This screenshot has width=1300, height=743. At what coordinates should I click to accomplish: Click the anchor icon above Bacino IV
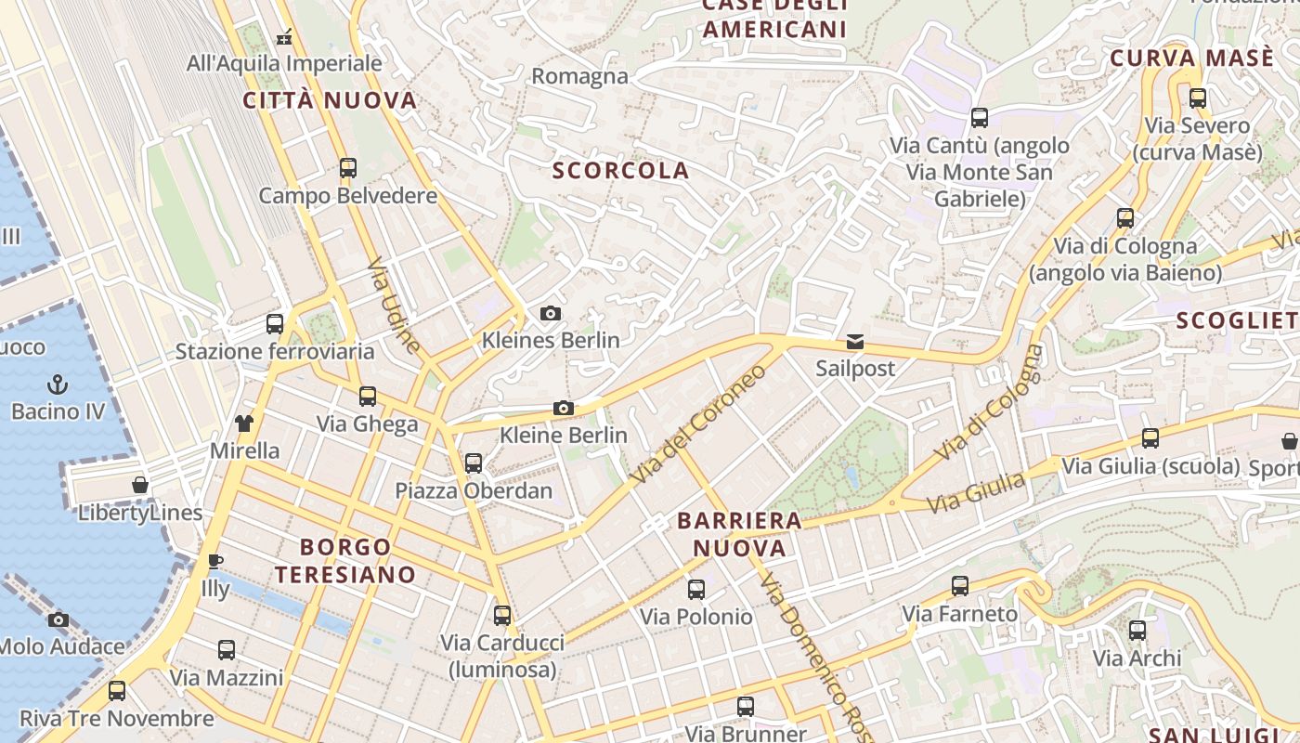coord(58,384)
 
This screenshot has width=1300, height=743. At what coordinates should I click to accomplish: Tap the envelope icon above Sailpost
coord(855,342)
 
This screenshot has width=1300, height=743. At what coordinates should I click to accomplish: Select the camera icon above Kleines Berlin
coord(551,314)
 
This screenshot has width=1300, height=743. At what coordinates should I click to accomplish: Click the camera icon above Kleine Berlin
coord(563,408)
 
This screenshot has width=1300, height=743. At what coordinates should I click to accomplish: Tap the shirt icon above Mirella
coord(244,424)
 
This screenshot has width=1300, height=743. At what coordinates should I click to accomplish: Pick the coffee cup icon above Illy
coord(215,561)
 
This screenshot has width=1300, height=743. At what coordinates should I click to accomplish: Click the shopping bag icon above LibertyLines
coord(140,485)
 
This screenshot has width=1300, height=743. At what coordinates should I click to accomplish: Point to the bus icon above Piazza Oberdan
coord(474,463)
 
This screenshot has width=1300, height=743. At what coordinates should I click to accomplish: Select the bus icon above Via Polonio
coord(695,589)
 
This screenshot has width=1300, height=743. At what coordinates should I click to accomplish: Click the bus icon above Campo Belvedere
coord(347,168)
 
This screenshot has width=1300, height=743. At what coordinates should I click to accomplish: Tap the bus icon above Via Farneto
coord(960,586)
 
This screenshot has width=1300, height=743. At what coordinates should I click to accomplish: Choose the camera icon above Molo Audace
coord(59,619)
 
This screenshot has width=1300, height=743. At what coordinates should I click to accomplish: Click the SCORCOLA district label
coord(621,170)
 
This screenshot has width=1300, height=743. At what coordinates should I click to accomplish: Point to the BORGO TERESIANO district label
coord(345,560)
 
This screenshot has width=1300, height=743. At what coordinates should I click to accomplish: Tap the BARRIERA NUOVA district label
coord(740,533)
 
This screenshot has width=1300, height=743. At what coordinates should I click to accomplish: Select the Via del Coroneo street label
coord(699,423)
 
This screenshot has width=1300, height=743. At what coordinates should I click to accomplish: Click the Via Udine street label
coord(394,306)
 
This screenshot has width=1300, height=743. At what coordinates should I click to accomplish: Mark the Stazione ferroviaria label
coord(275,351)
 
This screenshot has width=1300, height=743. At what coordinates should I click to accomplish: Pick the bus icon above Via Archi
coord(1137,632)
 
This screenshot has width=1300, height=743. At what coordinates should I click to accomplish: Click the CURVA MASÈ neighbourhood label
coord(1192,58)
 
